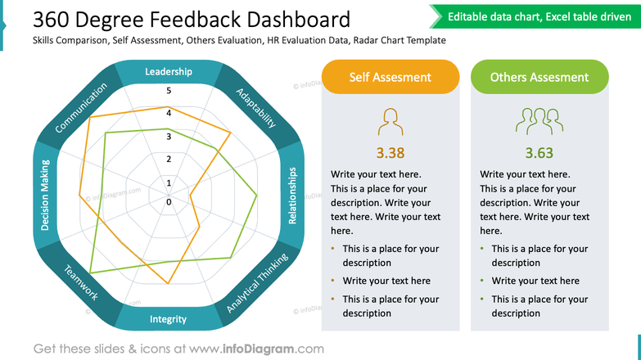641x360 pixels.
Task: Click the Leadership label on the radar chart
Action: tap(169, 72)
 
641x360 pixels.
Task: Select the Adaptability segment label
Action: tap(255, 107)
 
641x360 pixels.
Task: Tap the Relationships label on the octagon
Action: tap(293, 196)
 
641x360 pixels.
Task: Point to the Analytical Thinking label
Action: tap(257, 284)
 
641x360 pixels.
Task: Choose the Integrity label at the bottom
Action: tap(169, 319)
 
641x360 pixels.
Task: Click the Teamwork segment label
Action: tap(81, 283)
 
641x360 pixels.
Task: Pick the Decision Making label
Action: tap(45, 196)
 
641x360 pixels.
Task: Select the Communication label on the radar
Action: tap(81, 108)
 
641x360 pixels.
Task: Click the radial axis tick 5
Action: tap(169, 91)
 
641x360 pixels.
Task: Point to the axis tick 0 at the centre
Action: tap(169, 201)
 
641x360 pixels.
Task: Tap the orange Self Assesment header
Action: tap(390, 77)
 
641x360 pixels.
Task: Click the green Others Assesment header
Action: tap(539, 77)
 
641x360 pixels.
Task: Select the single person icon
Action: tap(390, 122)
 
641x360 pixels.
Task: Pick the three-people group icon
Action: tap(539, 121)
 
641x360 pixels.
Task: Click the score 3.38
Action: tap(390, 152)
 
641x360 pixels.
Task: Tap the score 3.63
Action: tap(539, 152)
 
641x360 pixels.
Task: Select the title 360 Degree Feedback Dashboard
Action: tap(192, 20)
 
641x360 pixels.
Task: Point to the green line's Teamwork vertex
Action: tap(91, 272)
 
